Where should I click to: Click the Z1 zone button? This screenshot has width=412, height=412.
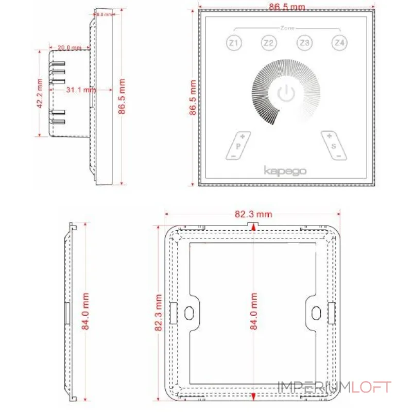tap(234, 43)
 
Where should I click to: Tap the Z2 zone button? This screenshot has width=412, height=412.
tap(268, 43)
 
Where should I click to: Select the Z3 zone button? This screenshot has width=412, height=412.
tap(303, 43)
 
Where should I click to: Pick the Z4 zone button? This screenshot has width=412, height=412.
tap(338, 43)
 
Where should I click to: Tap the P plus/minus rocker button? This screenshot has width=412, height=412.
tap(238, 145)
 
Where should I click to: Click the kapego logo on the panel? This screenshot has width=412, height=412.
tap(285, 170)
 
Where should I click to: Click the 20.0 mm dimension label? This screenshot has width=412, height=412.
tap(70, 48)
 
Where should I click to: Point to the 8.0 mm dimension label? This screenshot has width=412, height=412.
tap(104, 15)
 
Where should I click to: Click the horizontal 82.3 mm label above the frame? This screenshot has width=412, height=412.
tap(253, 214)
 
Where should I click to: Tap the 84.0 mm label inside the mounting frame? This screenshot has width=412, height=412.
tap(253, 312)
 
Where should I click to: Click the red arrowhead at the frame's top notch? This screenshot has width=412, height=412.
tap(252, 227)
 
